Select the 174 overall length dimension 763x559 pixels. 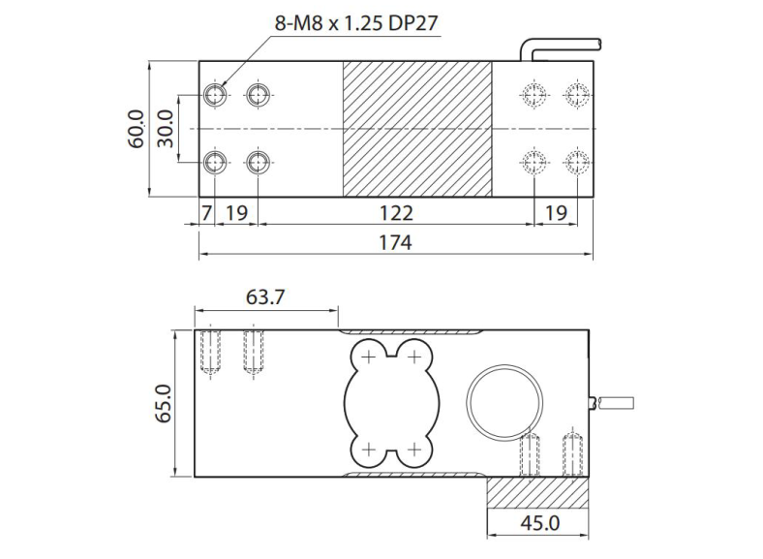(396, 242)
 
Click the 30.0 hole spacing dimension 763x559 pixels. (167, 129)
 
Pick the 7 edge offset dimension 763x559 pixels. (206, 212)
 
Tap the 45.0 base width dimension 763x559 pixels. (539, 524)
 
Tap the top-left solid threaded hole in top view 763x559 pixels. (215, 94)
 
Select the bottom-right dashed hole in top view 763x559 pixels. (577, 161)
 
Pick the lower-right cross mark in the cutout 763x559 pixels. (413, 450)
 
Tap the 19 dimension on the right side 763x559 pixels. (556, 212)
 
